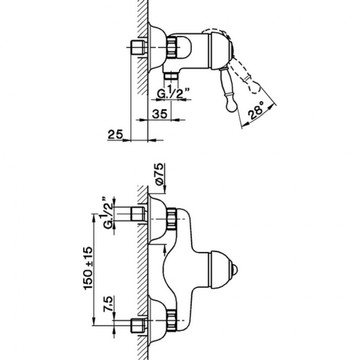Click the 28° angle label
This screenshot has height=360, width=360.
[x=256, y=110]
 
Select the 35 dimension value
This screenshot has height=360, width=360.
[x=160, y=114]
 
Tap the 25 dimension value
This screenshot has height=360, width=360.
[x=115, y=135]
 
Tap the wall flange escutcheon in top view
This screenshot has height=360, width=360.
[x=154, y=47]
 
